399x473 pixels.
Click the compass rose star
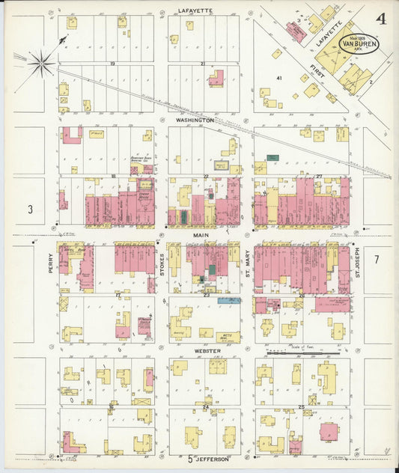pyautogui.click(x=41, y=63)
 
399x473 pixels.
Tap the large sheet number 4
pyautogui.click(x=382, y=19)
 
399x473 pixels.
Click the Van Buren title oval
pyautogui.click(x=359, y=43)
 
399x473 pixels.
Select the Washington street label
pyautogui.click(x=195, y=120)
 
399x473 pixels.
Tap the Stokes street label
pyautogui.click(x=161, y=266)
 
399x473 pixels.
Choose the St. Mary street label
pyautogui.click(x=247, y=266)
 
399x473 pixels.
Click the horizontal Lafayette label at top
pyautogui.click(x=195, y=10)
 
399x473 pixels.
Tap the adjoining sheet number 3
pyautogui.click(x=31, y=210)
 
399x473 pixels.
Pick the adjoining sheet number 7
pyautogui.click(x=377, y=259)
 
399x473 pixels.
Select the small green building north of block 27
pyautogui.click(x=272, y=159)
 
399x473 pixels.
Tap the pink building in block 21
pyautogui.click(x=216, y=78)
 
